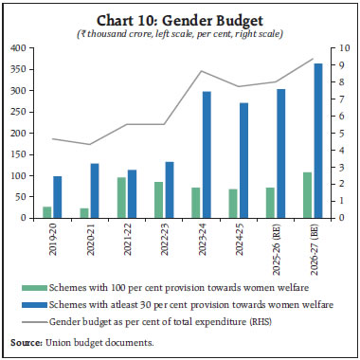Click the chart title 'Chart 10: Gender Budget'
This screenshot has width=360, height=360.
180,18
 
